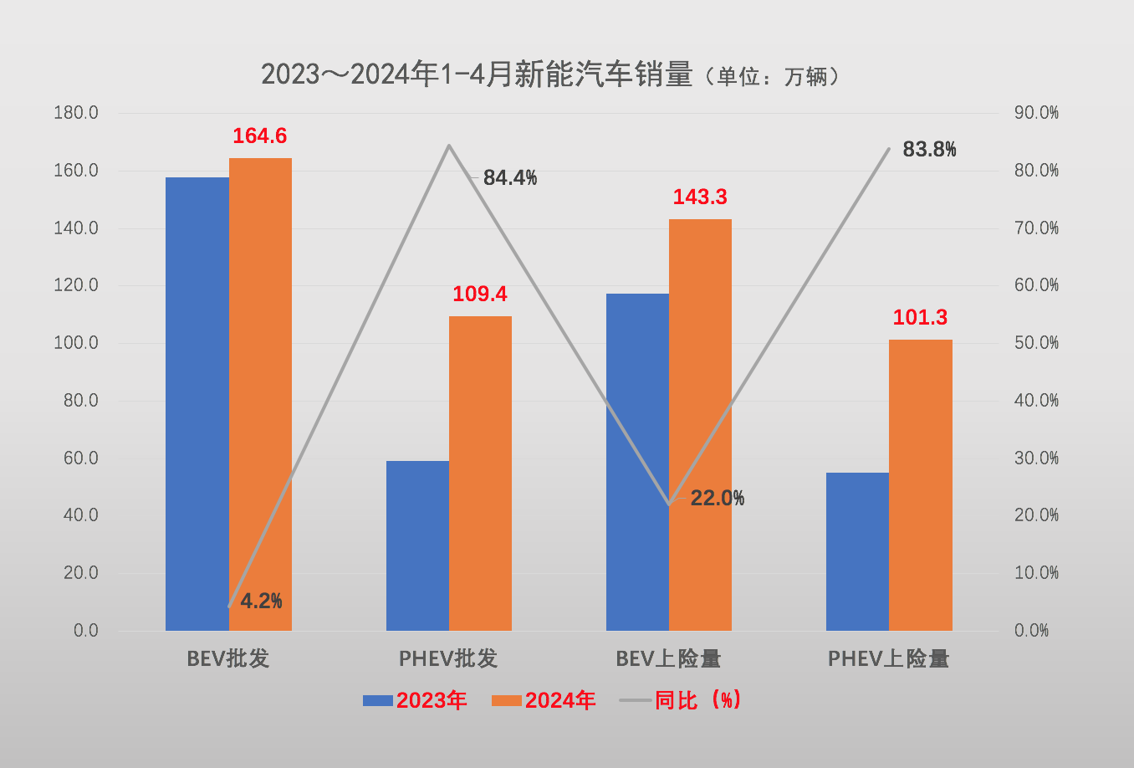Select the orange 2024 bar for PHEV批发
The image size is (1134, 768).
pyautogui.click(x=480, y=473)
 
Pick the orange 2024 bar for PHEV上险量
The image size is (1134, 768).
pyautogui.click(x=920, y=484)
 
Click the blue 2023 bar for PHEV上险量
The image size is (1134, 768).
pyautogui.click(x=857, y=551)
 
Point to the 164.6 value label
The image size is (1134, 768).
pyautogui.click(x=259, y=136)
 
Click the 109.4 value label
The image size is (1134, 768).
pyautogui.click(x=480, y=294)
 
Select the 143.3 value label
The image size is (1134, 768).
pyautogui.click(x=700, y=197)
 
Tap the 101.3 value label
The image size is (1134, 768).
pyautogui.click(x=920, y=318)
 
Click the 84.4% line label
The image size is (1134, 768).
pyautogui.click(x=510, y=178)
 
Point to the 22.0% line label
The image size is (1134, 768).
pyautogui.click(x=718, y=499)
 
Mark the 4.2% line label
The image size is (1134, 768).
pyautogui.click(x=261, y=602)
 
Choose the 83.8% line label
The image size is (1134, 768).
pyautogui.click(x=929, y=150)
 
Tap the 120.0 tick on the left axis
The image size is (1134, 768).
pyautogui.click(x=76, y=285)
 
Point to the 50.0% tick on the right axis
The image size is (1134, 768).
pyautogui.click(x=1036, y=343)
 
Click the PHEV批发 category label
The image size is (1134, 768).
pyautogui.click(x=448, y=659)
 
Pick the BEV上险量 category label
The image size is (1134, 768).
pyautogui.click(x=668, y=659)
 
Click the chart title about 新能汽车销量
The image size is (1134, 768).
pyautogui.click(x=477, y=75)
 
